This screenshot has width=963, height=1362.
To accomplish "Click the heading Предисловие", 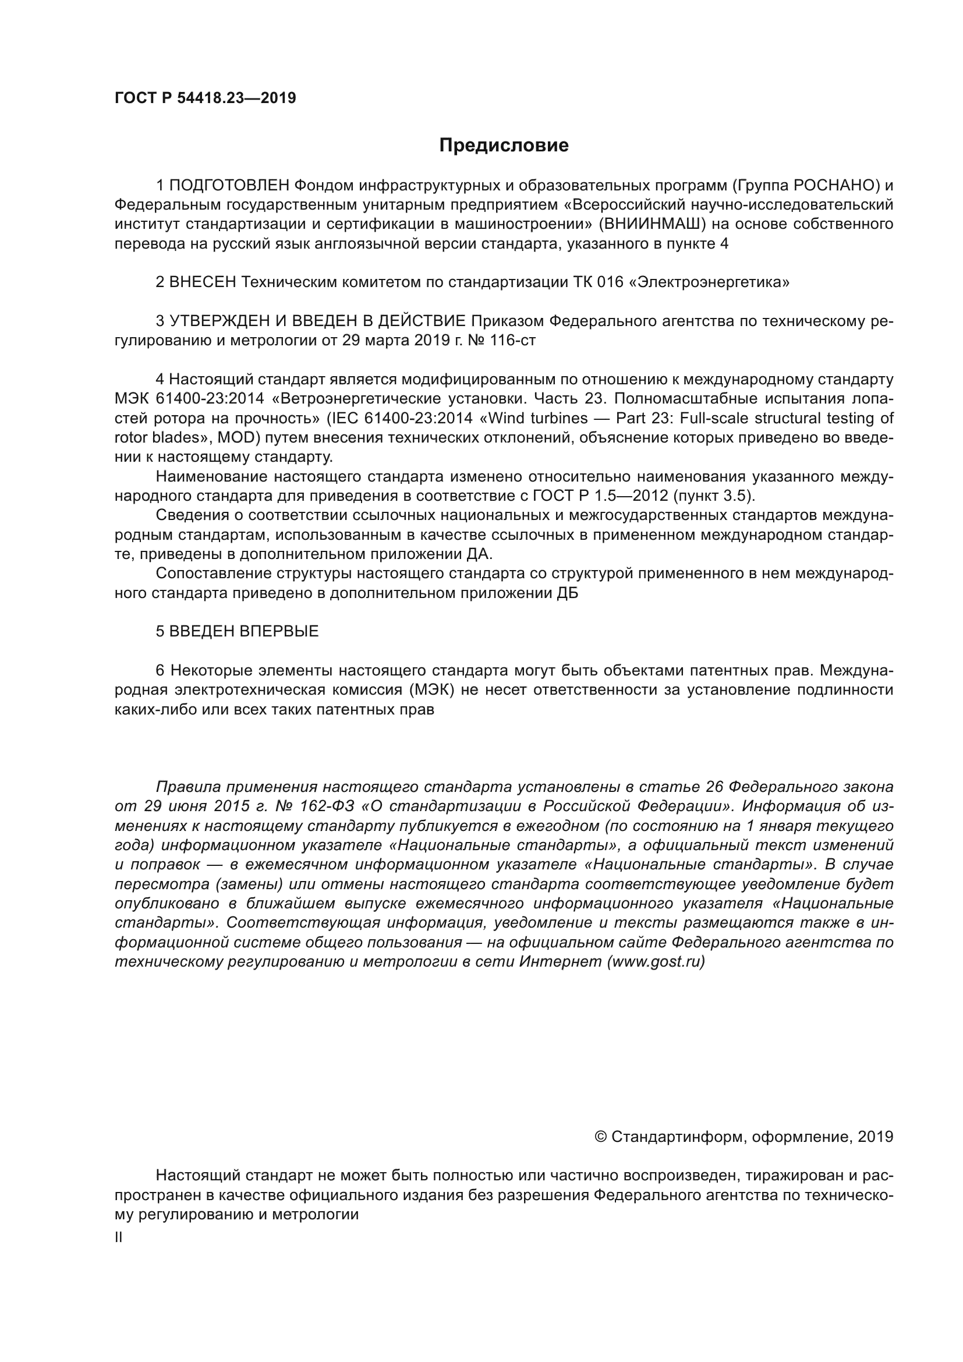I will pos(504,146).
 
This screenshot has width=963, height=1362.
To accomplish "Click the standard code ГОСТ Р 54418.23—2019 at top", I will pos(205,98).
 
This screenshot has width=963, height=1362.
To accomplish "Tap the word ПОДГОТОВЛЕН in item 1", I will pos(229,186).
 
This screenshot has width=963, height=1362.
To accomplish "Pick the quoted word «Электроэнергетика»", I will pos(713,282).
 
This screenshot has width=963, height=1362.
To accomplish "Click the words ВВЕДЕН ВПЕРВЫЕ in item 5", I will pos(244,631).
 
